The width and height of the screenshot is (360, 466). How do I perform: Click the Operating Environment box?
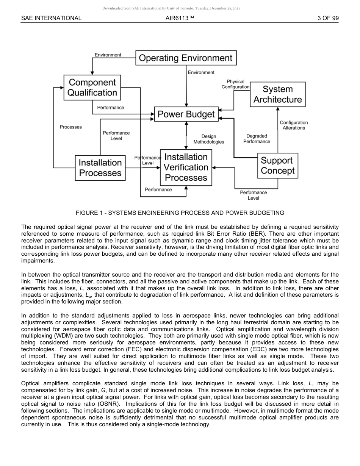click(186, 58)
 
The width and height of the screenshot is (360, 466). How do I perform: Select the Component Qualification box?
click(92, 88)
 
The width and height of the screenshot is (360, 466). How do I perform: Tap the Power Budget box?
click(186, 114)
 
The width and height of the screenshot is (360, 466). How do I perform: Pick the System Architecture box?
click(278, 94)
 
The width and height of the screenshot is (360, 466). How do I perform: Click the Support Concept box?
click(277, 166)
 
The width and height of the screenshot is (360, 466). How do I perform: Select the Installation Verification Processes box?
click(186, 167)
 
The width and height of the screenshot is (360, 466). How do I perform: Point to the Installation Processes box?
click(100, 168)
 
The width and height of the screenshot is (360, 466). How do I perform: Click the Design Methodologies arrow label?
click(209, 139)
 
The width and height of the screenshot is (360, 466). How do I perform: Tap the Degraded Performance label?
click(257, 139)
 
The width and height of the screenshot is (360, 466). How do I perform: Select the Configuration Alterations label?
click(294, 125)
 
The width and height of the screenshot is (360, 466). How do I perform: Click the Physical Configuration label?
click(235, 84)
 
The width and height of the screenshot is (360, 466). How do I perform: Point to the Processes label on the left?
click(71, 127)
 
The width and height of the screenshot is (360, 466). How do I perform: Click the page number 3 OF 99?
click(328, 18)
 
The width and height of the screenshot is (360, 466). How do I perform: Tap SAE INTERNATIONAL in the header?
click(51, 18)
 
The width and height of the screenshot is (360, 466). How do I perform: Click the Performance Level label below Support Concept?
click(253, 195)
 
